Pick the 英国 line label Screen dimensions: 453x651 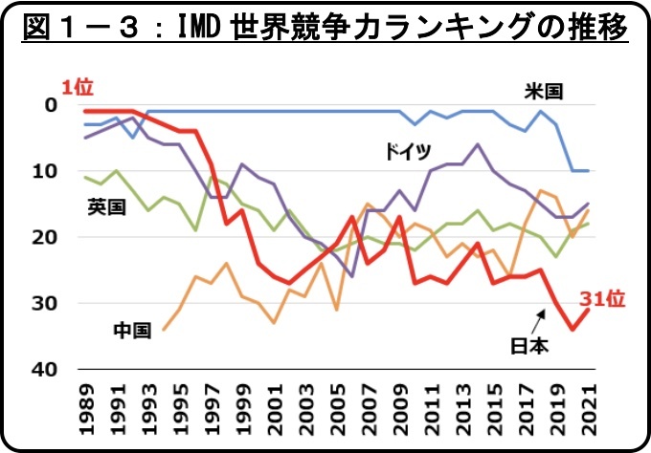tap(106, 205)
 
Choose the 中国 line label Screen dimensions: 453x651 tap(132, 331)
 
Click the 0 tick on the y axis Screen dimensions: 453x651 tap(53, 104)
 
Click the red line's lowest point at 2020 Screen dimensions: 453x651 tap(573, 330)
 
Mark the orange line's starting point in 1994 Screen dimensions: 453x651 tap(164, 330)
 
